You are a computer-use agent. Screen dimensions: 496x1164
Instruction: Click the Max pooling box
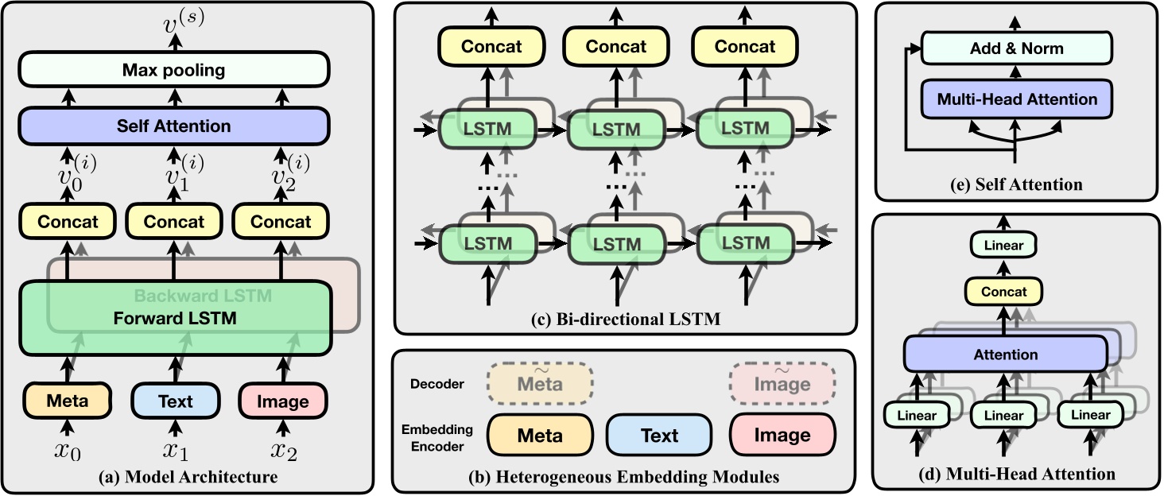click(x=173, y=70)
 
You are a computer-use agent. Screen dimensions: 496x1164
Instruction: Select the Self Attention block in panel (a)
click(x=173, y=126)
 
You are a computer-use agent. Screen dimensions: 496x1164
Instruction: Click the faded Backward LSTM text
click(x=204, y=296)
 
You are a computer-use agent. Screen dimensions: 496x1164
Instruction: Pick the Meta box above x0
click(x=67, y=400)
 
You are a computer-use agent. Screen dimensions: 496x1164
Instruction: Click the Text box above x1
click(x=174, y=400)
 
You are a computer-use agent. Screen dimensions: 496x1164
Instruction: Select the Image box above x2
click(x=283, y=400)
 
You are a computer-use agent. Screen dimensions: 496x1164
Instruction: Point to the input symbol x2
click(x=283, y=451)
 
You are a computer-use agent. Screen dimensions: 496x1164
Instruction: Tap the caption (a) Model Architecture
click(x=188, y=477)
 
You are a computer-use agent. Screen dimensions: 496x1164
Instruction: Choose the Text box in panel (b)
click(x=659, y=435)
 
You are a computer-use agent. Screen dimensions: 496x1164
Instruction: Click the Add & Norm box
click(x=1016, y=48)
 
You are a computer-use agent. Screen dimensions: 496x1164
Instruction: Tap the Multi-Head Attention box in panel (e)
click(x=1016, y=99)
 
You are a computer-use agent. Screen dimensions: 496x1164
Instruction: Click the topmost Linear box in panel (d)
click(x=1003, y=246)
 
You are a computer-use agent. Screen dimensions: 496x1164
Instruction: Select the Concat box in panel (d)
click(x=1003, y=292)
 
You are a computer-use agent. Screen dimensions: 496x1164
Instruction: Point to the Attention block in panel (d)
click(x=1005, y=355)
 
